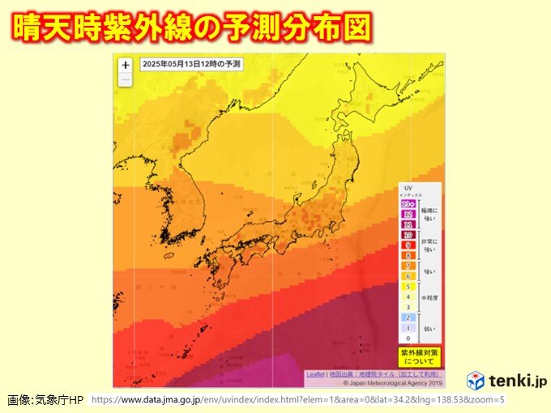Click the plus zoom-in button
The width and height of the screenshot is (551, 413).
click(x=125, y=66)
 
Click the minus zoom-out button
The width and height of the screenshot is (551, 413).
click(x=125, y=79)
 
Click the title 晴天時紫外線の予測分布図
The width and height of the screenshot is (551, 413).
click(x=192, y=27)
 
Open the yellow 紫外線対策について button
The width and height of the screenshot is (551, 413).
click(x=419, y=357)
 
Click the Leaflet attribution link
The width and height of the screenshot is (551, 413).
click(x=315, y=375)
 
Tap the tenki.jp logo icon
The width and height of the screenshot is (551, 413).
click(x=476, y=381)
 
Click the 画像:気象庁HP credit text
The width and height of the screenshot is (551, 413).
click(x=45, y=400)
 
